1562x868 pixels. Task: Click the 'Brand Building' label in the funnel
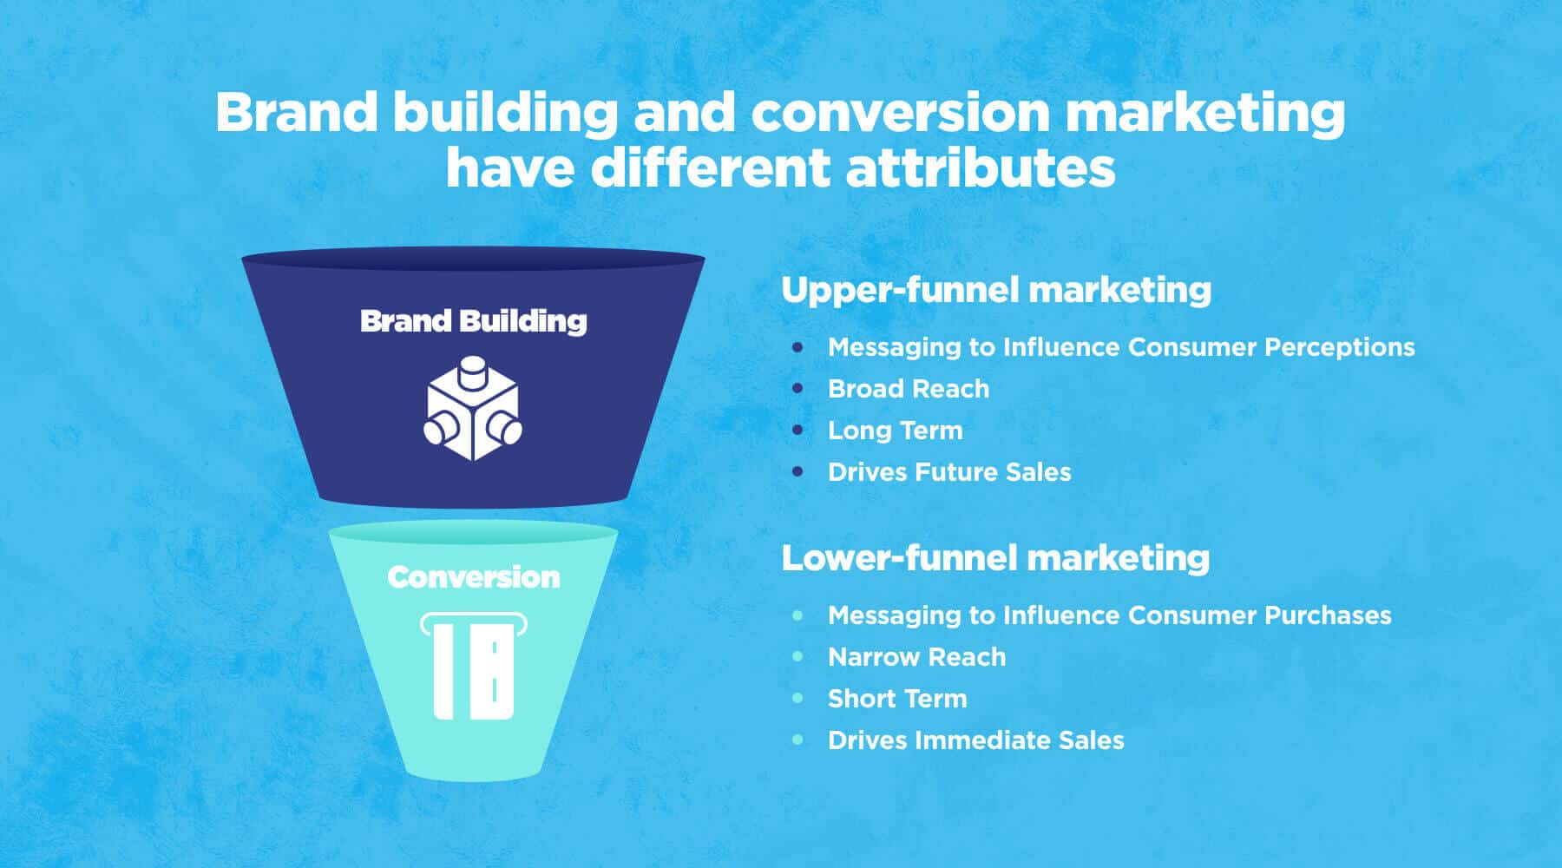tap(473, 321)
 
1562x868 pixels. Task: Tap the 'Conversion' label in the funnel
tap(474, 577)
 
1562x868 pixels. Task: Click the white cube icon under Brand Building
tap(473, 408)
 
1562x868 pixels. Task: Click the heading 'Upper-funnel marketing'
tap(996, 290)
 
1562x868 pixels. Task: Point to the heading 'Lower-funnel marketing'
tap(995, 558)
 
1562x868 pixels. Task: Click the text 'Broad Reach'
tap(909, 389)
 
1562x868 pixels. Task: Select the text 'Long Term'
tap(895, 431)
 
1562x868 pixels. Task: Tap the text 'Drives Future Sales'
tap(949, 472)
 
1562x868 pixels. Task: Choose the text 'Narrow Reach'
tap(916, 657)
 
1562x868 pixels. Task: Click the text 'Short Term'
tap(897, 699)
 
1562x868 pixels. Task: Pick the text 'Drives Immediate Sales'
tap(975, 740)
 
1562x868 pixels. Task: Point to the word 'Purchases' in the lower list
tap(1327, 615)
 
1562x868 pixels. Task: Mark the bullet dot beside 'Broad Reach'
tap(797, 389)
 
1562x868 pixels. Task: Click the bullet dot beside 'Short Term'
tap(797, 699)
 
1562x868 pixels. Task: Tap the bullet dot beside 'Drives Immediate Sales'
tap(797, 740)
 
